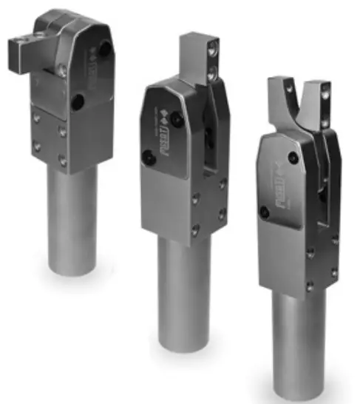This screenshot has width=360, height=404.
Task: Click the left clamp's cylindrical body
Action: tap(73, 222)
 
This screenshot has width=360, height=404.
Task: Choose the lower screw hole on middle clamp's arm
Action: tap(213, 72)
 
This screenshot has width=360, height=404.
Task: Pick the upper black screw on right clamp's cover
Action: tap(294, 157)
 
